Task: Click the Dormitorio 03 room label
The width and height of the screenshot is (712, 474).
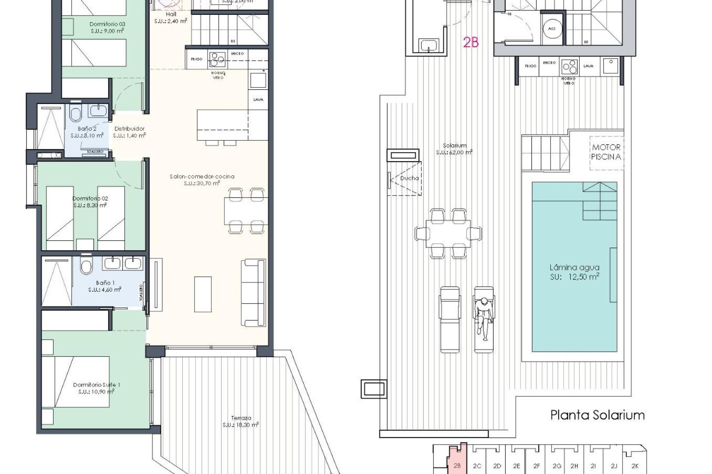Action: click(107, 24)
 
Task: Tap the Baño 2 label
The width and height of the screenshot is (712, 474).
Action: click(87, 129)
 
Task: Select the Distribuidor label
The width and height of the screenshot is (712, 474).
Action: click(129, 129)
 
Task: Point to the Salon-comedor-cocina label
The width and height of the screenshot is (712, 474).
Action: click(202, 177)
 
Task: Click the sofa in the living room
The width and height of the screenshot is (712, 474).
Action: click(254, 293)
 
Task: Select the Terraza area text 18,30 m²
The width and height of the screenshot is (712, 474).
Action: click(241, 425)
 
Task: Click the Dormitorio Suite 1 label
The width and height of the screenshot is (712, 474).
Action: click(96, 385)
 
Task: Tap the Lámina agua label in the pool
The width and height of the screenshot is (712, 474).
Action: click(574, 267)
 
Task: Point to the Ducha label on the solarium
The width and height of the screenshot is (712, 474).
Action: click(409, 178)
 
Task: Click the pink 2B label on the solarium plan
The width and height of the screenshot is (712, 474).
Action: click(471, 43)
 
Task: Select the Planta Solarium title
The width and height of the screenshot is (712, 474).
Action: click(597, 415)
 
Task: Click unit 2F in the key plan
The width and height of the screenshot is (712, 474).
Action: click(536, 466)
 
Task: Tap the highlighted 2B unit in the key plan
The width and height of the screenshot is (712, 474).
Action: click(457, 465)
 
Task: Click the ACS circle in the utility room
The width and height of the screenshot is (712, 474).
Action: click(551, 29)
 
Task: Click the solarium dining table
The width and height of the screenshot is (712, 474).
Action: click(448, 234)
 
